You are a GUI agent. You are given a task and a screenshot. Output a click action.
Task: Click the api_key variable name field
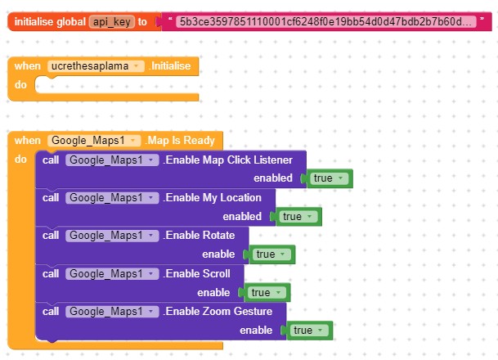[112, 21]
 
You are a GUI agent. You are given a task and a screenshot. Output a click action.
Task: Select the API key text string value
[325, 21]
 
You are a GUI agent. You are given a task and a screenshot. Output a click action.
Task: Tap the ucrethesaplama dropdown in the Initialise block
[96, 66]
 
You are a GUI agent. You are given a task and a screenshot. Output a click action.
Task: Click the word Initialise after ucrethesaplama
[171, 66]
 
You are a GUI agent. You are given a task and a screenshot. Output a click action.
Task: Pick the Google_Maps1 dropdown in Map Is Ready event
[94, 141]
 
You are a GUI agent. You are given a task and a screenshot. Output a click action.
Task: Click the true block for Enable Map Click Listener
[329, 178]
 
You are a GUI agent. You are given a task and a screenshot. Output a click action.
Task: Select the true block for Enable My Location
[298, 217]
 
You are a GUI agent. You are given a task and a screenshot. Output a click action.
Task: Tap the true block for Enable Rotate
[271, 254]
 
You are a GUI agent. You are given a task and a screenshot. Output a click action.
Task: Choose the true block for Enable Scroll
[267, 292]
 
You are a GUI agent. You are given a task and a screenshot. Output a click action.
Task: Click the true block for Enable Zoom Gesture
[309, 331]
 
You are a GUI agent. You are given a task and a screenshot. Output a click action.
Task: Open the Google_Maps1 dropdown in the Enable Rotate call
[112, 236]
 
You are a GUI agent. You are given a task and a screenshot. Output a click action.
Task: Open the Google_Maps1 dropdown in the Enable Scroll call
[112, 273]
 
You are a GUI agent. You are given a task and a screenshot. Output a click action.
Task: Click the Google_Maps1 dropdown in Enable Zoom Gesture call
[112, 312]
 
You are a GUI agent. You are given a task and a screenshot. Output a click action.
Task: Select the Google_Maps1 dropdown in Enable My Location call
[112, 198]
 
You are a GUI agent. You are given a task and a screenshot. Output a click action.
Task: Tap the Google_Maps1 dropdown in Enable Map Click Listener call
[112, 160]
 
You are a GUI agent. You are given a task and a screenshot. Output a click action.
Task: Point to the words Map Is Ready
[181, 141]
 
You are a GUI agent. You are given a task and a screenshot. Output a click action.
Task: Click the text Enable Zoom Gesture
[219, 312]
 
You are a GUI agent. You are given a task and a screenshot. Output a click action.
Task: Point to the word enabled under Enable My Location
[242, 216]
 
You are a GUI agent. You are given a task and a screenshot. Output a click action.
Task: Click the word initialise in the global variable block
[34, 21]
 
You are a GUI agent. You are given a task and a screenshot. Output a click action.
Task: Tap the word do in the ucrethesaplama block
[20, 85]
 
